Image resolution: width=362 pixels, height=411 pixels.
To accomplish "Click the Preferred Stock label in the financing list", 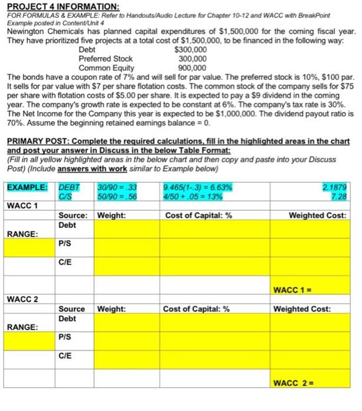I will pyautogui.click(x=105, y=59).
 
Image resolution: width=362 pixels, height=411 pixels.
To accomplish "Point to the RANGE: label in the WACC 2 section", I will pyautogui.click(x=22, y=327).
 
